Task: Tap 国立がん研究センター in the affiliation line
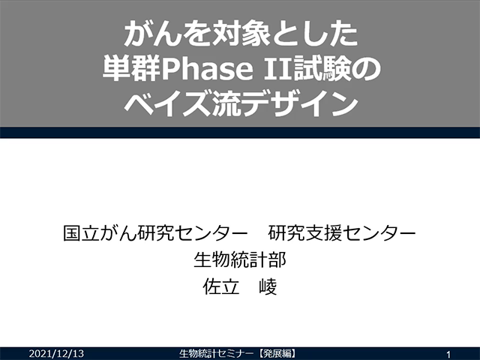155,233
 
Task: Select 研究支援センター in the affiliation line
342,233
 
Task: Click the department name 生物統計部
240,260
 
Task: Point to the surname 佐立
221,286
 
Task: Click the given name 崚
268,286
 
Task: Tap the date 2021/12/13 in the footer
56,353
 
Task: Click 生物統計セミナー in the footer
217,353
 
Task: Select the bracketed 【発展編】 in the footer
277,353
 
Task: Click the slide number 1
448,355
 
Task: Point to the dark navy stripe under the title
240,133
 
